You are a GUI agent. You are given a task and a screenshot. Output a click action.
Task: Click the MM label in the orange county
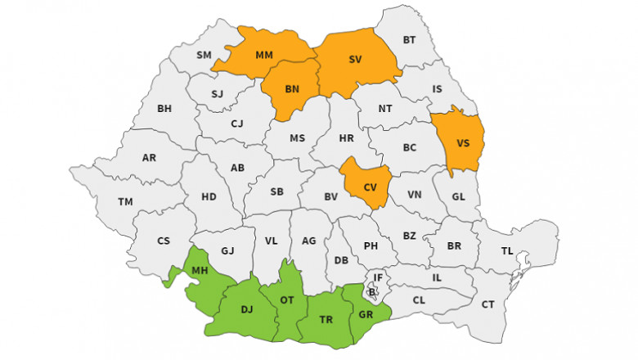263,56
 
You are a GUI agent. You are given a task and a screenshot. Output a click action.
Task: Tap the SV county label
355,59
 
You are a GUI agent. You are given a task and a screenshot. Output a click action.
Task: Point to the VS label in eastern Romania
463,143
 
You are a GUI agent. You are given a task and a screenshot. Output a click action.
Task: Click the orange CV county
370,187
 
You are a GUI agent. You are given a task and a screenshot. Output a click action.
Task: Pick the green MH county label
199,271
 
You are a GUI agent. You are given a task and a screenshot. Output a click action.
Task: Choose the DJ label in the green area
247,309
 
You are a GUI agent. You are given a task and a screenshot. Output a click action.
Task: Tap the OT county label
287,300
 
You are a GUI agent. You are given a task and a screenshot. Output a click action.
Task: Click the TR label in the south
325,321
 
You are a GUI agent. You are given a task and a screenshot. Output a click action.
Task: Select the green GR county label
365,313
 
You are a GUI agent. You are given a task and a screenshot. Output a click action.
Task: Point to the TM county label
125,201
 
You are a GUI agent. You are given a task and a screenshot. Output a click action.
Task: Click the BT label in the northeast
410,39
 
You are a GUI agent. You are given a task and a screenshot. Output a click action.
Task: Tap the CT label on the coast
488,304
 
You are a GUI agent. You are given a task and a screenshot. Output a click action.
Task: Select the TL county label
507,251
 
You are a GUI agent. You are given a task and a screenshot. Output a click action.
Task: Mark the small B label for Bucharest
372,291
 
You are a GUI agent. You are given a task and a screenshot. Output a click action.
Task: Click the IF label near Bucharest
378,278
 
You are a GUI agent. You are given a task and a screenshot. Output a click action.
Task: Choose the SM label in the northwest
204,55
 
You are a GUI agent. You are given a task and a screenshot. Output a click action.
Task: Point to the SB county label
276,191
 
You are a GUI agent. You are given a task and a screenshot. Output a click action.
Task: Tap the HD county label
209,196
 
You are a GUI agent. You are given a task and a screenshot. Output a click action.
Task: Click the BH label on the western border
164,108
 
